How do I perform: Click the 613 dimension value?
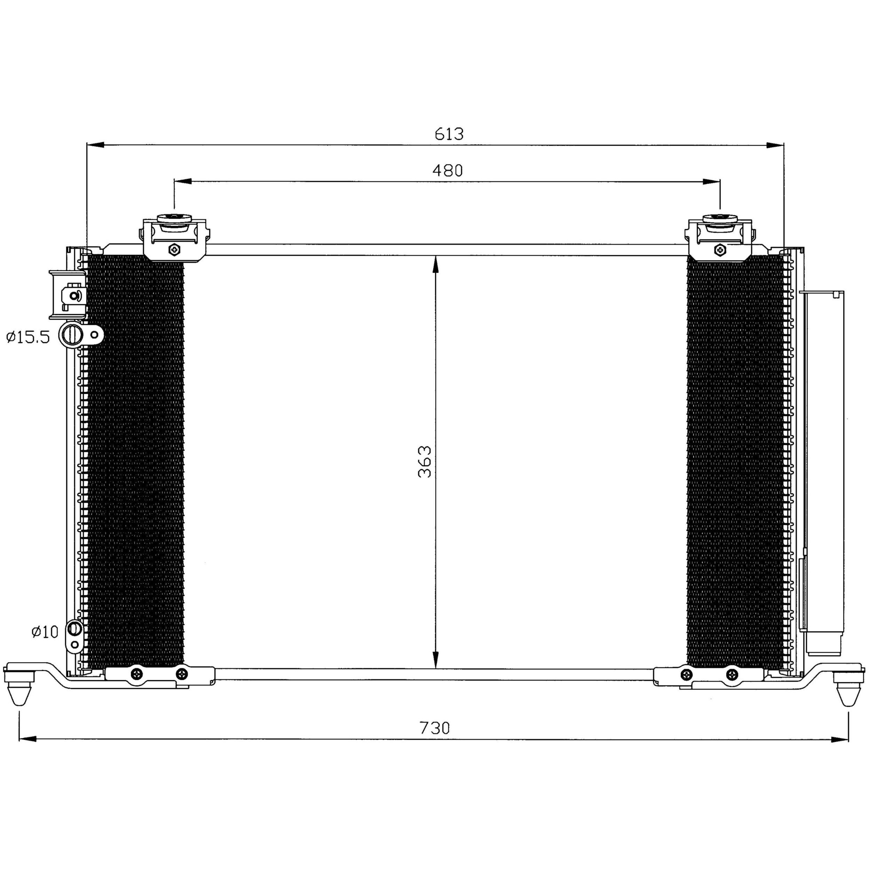pos(449,134)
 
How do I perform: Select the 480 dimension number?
pos(448,171)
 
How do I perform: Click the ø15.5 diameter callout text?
pos(28,337)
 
